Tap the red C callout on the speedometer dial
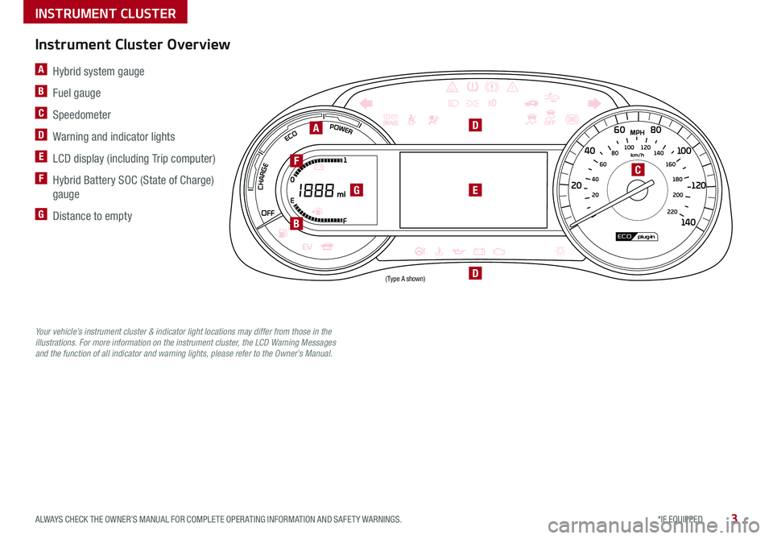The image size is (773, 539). click(637, 170)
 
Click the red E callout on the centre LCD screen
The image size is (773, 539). click(476, 190)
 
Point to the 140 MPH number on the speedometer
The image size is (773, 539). click(688, 222)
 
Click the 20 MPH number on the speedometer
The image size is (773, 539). click(577, 186)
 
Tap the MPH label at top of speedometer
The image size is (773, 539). click(639, 131)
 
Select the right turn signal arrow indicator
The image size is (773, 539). click(594, 103)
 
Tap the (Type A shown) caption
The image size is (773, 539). click(404, 278)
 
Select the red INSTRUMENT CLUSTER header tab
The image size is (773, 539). click(94, 12)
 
